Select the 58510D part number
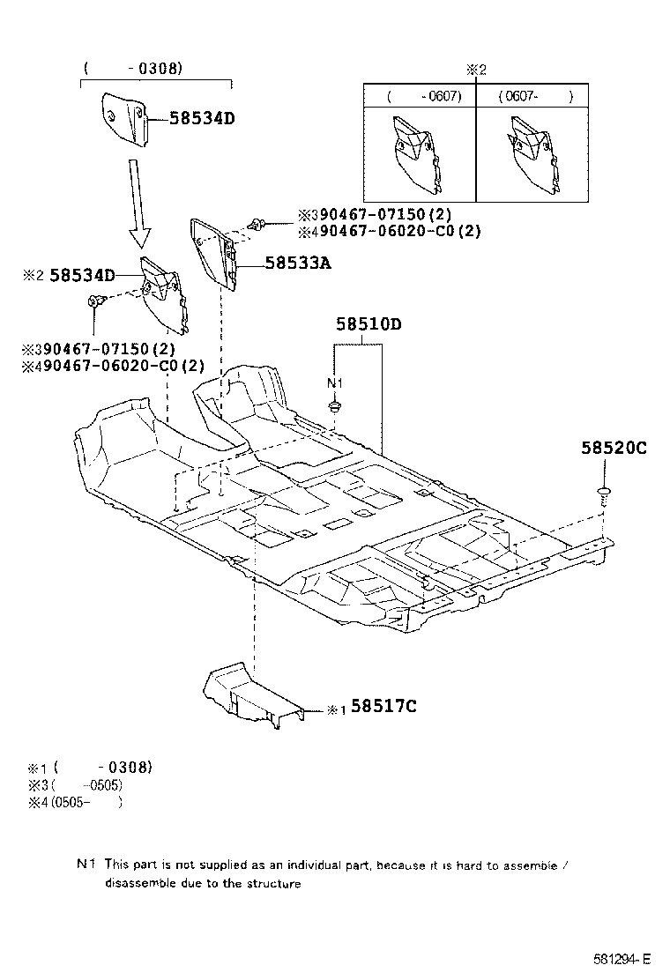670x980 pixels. (x=368, y=324)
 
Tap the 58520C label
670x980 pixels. (x=613, y=448)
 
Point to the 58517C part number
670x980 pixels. (x=383, y=706)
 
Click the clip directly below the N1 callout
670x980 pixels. (x=335, y=407)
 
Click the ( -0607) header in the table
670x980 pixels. (x=424, y=96)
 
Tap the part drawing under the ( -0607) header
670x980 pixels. (x=415, y=154)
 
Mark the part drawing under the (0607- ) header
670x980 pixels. (x=532, y=155)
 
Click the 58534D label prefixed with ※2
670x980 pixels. (x=82, y=275)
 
